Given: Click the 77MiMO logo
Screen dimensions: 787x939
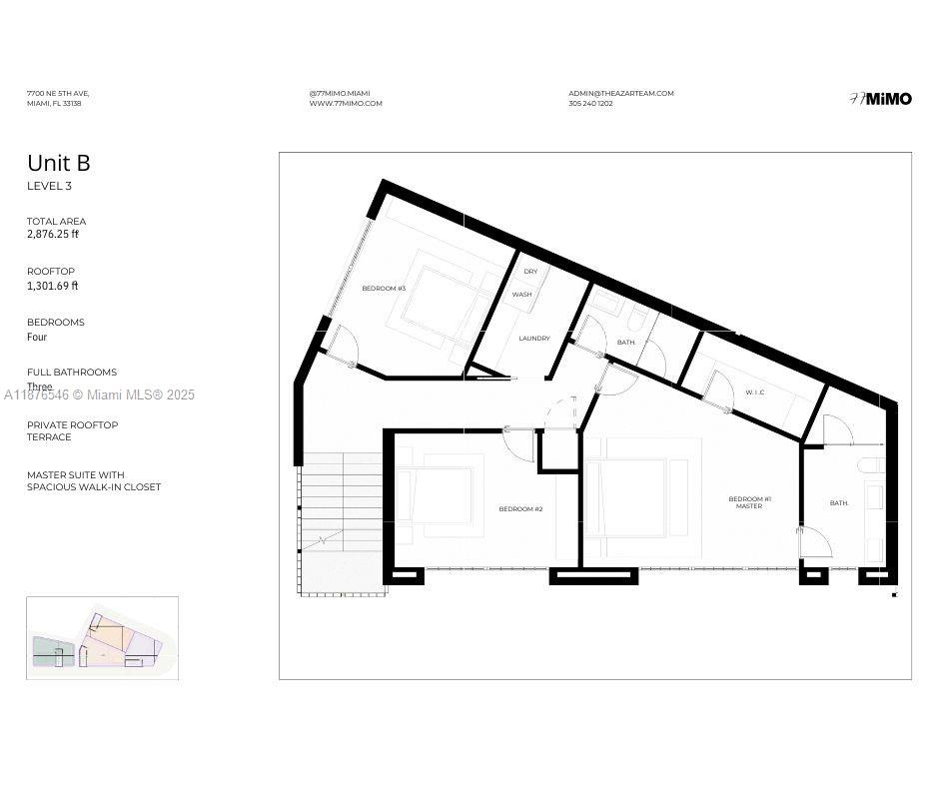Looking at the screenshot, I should point(880,99).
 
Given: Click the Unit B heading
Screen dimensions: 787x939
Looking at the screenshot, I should point(59,163).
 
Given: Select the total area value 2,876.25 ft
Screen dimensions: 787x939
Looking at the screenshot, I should point(53,235).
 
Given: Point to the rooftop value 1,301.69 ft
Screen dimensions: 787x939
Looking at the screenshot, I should point(52,286).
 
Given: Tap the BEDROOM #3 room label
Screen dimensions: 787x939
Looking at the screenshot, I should point(384,289).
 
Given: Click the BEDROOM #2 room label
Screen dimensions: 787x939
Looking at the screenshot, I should point(520,509).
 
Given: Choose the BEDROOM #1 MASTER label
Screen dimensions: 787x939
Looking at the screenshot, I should point(749,502).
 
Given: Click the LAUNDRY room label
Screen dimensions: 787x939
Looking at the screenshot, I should point(534,339).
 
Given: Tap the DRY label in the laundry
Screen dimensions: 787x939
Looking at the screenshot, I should point(530,272).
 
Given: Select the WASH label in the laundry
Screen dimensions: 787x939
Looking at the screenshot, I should point(522,295).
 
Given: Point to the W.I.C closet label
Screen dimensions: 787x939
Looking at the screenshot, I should point(755,393).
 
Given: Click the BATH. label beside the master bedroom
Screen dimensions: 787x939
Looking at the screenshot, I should point(839,503).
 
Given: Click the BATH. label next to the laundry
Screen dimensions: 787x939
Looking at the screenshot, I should point(626,343).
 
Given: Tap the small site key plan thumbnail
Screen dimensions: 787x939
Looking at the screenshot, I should point(102,638).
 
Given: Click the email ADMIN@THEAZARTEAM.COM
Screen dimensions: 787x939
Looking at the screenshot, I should point(621,94).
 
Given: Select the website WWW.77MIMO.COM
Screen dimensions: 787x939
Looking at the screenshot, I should point(346,104).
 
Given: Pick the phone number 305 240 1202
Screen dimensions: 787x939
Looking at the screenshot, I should point(590,104).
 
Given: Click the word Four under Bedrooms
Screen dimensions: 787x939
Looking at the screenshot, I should point(37,338).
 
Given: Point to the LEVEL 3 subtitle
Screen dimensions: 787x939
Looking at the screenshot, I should point(49,187).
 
